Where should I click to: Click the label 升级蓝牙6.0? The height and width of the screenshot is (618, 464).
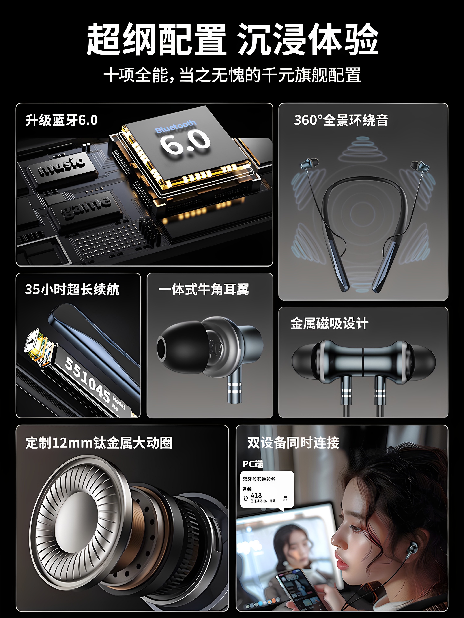click(x=62, y=120)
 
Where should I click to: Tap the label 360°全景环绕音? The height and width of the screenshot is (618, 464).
click(x=341, y=120)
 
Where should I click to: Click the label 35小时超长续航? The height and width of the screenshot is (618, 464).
click(x=72, y=289)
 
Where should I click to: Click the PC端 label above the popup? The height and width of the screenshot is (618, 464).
click(x=253, y=464)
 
